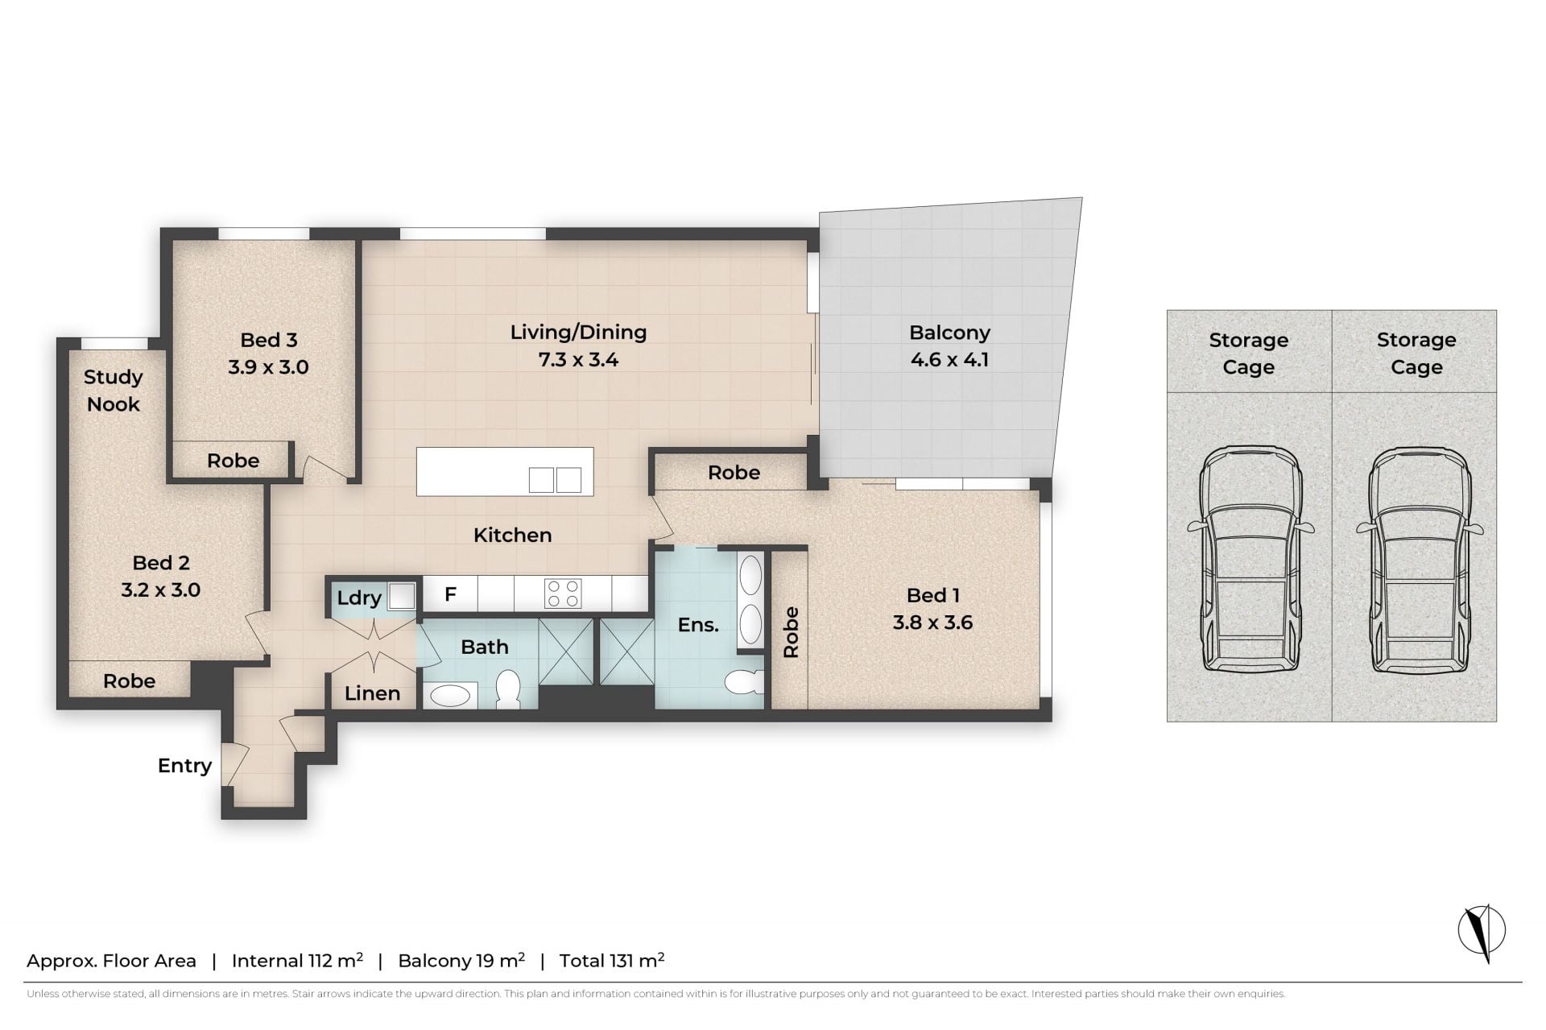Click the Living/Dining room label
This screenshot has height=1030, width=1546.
[x=578, y=333]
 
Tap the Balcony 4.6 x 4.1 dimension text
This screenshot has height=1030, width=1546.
[x=949, y=360]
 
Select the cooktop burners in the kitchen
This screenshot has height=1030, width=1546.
[x=563, y=594]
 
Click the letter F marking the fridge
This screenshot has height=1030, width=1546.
[x=450, y=594]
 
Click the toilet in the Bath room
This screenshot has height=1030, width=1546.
[x=508, y=691]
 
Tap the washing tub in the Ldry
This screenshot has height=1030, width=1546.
[x=402, y=596]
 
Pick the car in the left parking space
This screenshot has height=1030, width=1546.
[x=1250, y=559]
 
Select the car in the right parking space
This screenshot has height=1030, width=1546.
[x=1419, y=559]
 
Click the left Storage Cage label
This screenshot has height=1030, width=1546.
[x=1248, y=354]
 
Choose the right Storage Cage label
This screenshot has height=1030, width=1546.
[x=1416, y=354]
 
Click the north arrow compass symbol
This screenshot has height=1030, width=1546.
[x=1482, y=932]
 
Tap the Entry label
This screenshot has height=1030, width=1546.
[x=184, y=766]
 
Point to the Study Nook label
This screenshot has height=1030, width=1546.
[x=114, y=391]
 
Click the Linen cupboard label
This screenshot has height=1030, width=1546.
[x=372, y=693]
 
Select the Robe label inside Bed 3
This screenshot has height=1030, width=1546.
[x=233, y=461]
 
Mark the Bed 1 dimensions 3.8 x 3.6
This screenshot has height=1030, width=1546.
[x=932, y=623]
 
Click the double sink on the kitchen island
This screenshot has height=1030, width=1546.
[x=555, y=480]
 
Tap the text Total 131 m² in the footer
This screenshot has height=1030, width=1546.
[x=612, y=960]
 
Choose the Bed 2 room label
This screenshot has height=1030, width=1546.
[x=160, y=563]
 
